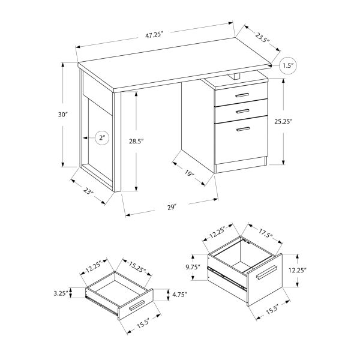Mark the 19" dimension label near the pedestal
click(x=189, y=175)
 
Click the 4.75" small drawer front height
click(x=178, y=295)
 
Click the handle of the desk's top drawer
click(x=243, y=96)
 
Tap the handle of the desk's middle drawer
click(x=243, y=111)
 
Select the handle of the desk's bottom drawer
click(x=243, y=128)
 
